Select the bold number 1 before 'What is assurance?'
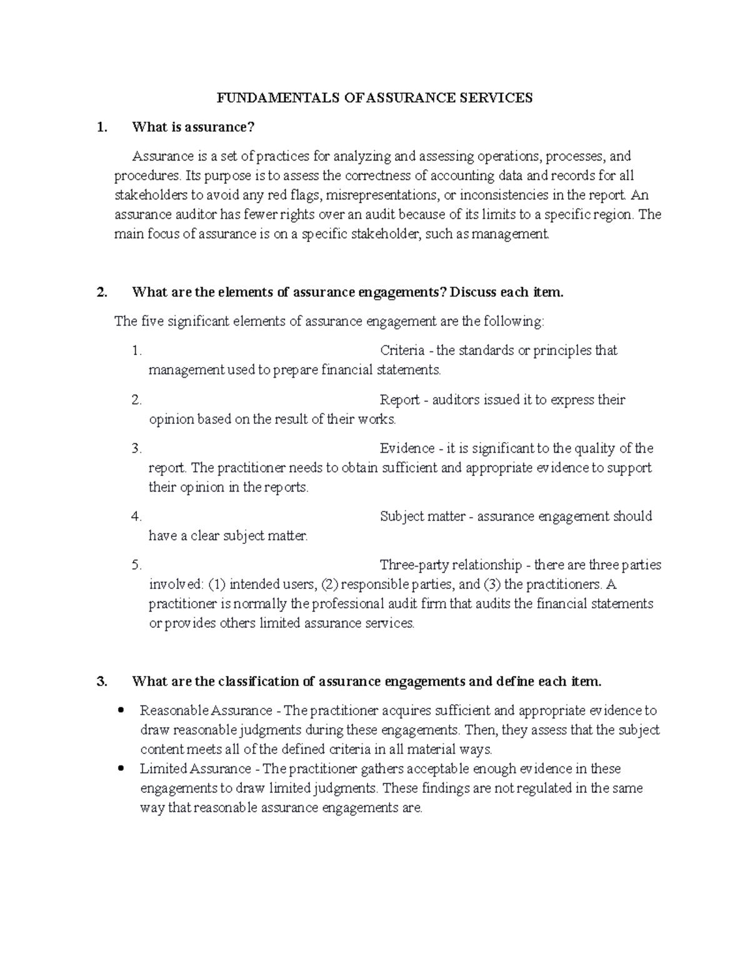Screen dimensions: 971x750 pyautogui.click(x=102, y=128)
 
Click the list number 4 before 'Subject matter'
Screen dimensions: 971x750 pyautogui.click(x=137, y=516)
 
